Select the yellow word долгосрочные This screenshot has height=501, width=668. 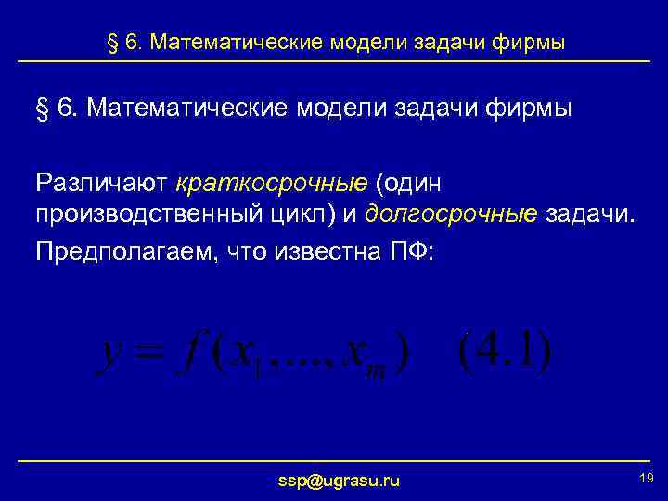pos(451,214)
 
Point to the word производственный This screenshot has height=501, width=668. pos(136,214)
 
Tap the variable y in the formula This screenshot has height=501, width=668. pos(112,355)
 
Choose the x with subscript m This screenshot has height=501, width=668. pos(358,356)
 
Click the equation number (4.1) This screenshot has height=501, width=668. pos(505,352)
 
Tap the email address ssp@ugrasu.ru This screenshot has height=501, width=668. pos(339,480)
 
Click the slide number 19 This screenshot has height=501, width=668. pos(647,477)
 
